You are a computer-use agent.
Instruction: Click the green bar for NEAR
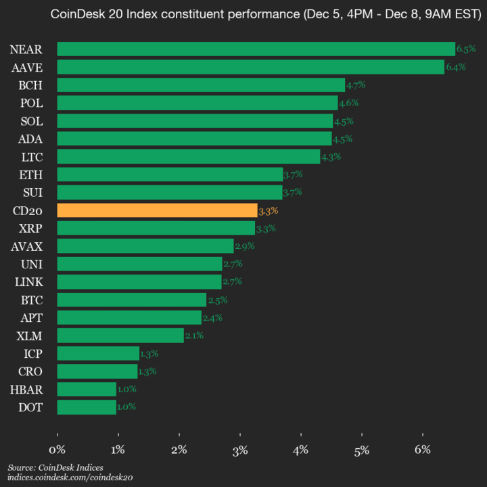(256, 49)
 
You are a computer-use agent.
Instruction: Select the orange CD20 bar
(157, 210)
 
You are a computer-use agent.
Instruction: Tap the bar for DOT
(87, 407)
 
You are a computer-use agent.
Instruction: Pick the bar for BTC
(131, 300)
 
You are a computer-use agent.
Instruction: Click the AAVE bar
(250, 67)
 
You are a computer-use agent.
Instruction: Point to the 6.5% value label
(466, 49)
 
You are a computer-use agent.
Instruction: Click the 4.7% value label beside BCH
(356, 85)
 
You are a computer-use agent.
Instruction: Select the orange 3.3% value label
(268, 211)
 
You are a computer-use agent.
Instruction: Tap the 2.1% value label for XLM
(193, 335)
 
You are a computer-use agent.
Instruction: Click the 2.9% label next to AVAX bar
(244, 246)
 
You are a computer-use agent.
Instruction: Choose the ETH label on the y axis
(30, 175)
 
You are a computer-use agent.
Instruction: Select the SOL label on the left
(31, 121)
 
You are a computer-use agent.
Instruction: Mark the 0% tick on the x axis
(57, 450)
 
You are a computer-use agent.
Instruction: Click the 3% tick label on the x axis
(240, 450)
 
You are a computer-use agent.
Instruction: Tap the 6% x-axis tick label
(423, 450)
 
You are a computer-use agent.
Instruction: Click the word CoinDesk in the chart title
(78, 14)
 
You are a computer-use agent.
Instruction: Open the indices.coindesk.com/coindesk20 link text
(70, 478)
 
